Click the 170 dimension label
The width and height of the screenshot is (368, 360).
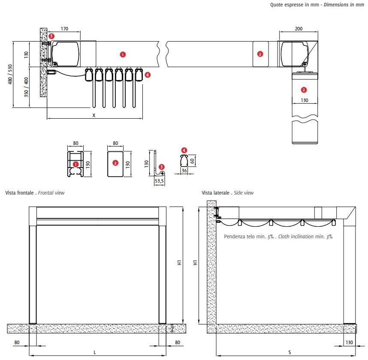[x=64, y=29]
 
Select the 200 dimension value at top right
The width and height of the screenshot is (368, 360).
[x=299, y=29]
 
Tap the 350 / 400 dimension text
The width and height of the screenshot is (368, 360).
[x=26, y=87]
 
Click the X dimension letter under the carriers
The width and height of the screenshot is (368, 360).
[x=94, y=115]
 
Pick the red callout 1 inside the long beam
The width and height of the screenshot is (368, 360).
[x=123, y=54]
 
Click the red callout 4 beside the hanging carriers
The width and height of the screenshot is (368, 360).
[x=148, y=75]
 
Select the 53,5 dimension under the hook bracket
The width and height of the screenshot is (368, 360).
[x=159, y=181]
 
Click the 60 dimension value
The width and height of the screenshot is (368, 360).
[x=193, y=161]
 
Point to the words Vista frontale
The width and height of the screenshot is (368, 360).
[x=20, y=193]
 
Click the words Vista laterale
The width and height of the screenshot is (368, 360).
[x=218, y=193]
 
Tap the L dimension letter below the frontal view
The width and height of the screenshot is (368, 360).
[x=95, y=352]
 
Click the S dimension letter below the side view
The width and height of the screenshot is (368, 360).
[x=290, y=352]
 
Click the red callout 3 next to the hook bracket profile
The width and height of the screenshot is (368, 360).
[x=161, y=166]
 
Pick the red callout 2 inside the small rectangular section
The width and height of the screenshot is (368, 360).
[x=115, y=163]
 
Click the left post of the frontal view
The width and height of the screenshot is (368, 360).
[x=33, y=274]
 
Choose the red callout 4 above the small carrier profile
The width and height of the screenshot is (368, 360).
[x=184, y=150]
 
